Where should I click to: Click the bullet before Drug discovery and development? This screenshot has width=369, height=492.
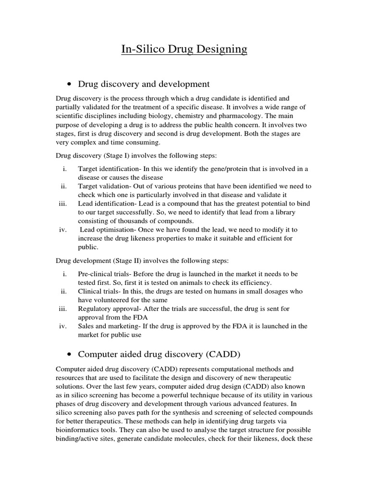(70, 85)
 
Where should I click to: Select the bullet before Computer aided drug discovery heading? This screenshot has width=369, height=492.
(70, 355)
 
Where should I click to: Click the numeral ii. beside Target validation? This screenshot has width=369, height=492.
(63, 186)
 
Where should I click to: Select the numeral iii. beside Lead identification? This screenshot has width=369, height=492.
(62, 203)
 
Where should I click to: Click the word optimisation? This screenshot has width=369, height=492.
(115, 230)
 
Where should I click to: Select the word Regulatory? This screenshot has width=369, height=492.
(96, 308)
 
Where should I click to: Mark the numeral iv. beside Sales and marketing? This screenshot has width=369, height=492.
(62, 326)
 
